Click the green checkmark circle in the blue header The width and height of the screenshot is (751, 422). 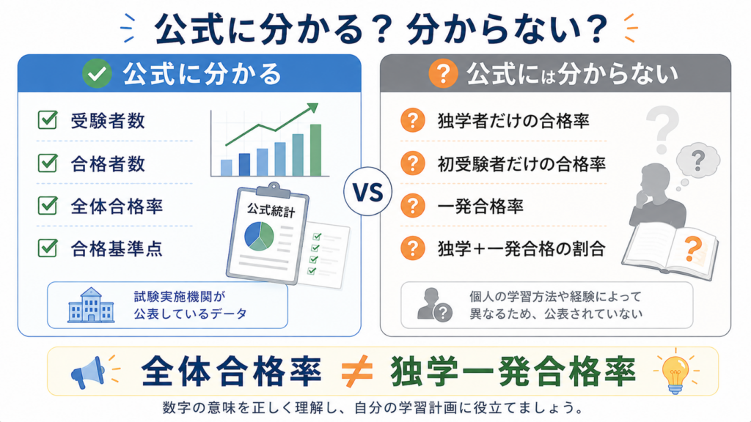97,73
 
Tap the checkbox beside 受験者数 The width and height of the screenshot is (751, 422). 48,119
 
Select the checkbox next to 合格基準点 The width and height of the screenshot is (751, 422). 48,248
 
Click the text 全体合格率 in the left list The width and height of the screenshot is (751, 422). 117,206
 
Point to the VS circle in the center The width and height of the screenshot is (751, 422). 368,191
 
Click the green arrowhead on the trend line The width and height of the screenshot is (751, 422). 312,108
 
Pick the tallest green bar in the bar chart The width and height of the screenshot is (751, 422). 315,150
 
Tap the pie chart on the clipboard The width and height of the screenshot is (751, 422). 259,237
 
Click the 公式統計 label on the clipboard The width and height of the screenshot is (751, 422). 271,210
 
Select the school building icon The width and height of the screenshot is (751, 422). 91,305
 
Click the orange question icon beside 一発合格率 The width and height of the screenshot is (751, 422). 412,206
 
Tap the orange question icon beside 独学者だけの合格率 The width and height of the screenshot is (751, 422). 412,120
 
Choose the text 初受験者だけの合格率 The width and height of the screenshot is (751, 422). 521,163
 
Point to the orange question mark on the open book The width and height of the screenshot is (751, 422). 693,249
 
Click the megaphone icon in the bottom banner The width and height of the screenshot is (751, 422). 89,372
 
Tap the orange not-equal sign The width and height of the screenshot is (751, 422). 357,371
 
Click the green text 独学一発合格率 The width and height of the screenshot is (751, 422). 513,371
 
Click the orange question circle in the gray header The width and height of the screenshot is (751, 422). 442,73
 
